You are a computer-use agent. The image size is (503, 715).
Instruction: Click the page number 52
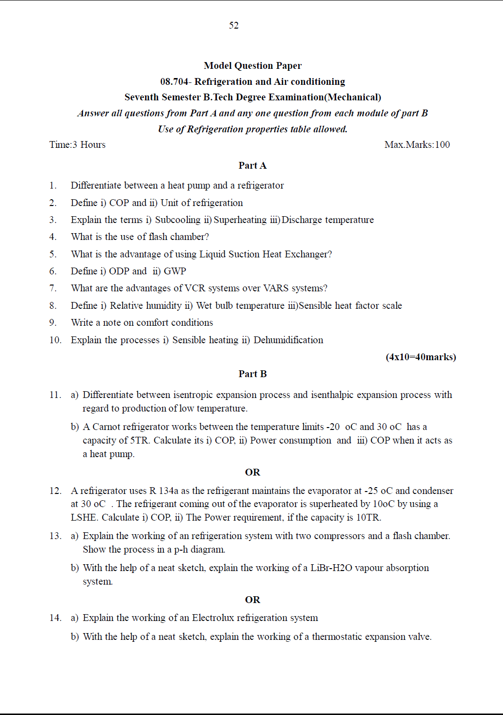click(234, 25)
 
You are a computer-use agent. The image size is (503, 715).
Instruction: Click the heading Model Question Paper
click(252, 65)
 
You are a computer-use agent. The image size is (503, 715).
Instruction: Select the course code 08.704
click(174, 81)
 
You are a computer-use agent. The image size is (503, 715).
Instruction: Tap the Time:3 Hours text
click(77, 144)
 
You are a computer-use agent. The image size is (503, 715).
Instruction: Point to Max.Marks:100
click(417, 144)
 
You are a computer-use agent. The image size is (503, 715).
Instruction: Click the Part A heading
click(252, 165)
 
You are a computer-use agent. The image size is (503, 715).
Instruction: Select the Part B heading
click(252, 374)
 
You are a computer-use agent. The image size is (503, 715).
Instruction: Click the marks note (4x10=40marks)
click(421, 357)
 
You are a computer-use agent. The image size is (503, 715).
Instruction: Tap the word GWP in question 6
click(175, 271)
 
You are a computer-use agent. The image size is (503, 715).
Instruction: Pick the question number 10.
click(55, 340)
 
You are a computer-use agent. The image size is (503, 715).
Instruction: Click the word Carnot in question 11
click(106, 427)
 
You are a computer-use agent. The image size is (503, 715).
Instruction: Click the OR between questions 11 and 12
click(252, 472)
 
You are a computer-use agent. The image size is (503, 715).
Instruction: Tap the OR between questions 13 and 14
click(252, 600)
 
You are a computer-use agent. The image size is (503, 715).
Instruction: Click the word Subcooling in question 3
click(178, 220)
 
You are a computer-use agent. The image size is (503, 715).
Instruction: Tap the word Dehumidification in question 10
click(288, 340)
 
